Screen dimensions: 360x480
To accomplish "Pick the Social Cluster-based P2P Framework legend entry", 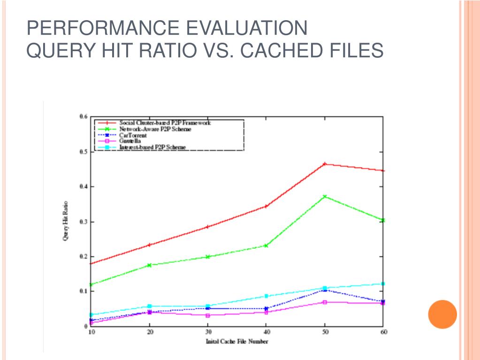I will click(x=165, y=123).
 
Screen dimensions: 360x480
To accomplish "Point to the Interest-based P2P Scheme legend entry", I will click(x=152, y=147).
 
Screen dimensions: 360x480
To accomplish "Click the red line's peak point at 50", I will click(x=324, y=164).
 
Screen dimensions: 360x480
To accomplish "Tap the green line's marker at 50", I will click(x=324, y=197).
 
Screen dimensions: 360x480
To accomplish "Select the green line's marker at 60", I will click(x=383, y=220).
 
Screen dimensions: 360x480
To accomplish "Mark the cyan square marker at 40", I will click(x=266, y=296).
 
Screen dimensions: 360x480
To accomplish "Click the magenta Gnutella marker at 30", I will click(x=207, y=315).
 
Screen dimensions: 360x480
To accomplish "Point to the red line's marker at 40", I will click(x=266, y=206).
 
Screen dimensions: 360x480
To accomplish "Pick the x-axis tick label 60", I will click(x=383, y=332).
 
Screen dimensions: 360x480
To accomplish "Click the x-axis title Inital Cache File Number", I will click(x=237, y=341).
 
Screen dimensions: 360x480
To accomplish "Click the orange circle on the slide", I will click(x=442, y=314).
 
